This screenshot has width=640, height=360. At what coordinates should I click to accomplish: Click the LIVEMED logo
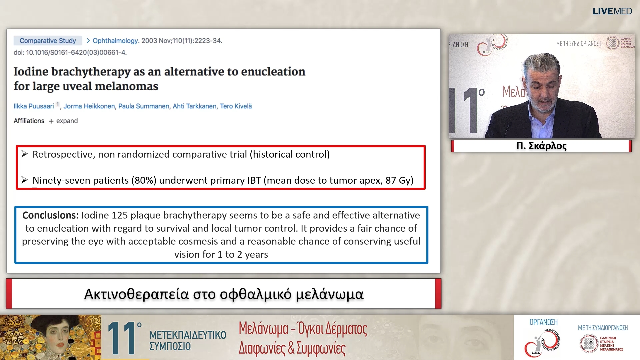(612, 11)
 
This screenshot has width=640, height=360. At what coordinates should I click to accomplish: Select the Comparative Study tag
(48, 41)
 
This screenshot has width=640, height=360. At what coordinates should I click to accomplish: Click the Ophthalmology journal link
(115, 41)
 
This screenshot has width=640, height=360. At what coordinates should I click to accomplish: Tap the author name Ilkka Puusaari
(34, 106)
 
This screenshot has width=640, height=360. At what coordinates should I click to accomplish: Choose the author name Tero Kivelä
(236, 106)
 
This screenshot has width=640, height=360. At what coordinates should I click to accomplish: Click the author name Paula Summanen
(144, 106)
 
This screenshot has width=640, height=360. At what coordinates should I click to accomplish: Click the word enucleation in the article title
(273, 72)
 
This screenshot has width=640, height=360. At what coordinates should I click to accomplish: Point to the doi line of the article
(70, 52)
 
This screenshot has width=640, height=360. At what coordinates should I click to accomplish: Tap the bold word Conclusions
(50, 215)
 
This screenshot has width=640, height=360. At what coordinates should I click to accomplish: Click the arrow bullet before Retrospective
(24, 154)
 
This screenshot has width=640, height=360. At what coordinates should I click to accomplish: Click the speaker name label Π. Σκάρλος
(541, 146)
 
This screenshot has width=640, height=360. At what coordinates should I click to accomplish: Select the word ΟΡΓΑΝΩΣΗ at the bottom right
(543, 322)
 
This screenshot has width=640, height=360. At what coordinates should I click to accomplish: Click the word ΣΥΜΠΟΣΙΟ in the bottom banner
(170, 346)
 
